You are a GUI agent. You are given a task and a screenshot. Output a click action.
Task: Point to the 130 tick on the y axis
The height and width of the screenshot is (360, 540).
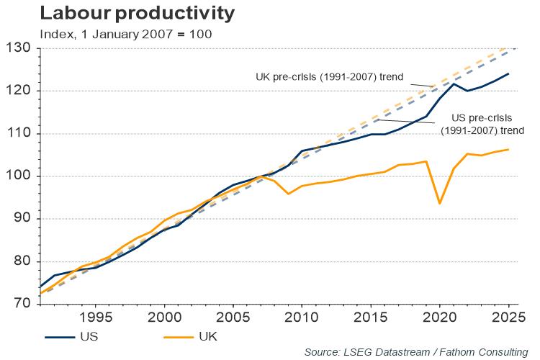(21, 48)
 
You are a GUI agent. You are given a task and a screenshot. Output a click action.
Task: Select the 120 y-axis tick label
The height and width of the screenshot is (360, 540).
(21, 91)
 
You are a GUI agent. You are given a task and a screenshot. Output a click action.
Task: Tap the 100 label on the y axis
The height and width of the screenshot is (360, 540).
(21, 176)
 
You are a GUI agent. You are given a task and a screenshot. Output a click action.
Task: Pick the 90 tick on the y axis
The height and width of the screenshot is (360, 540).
(24, 219)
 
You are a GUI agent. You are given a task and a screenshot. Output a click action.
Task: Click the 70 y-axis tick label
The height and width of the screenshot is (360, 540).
(24, 304)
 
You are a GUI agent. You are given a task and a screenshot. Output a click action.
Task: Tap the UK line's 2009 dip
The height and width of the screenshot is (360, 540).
(289, 194)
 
